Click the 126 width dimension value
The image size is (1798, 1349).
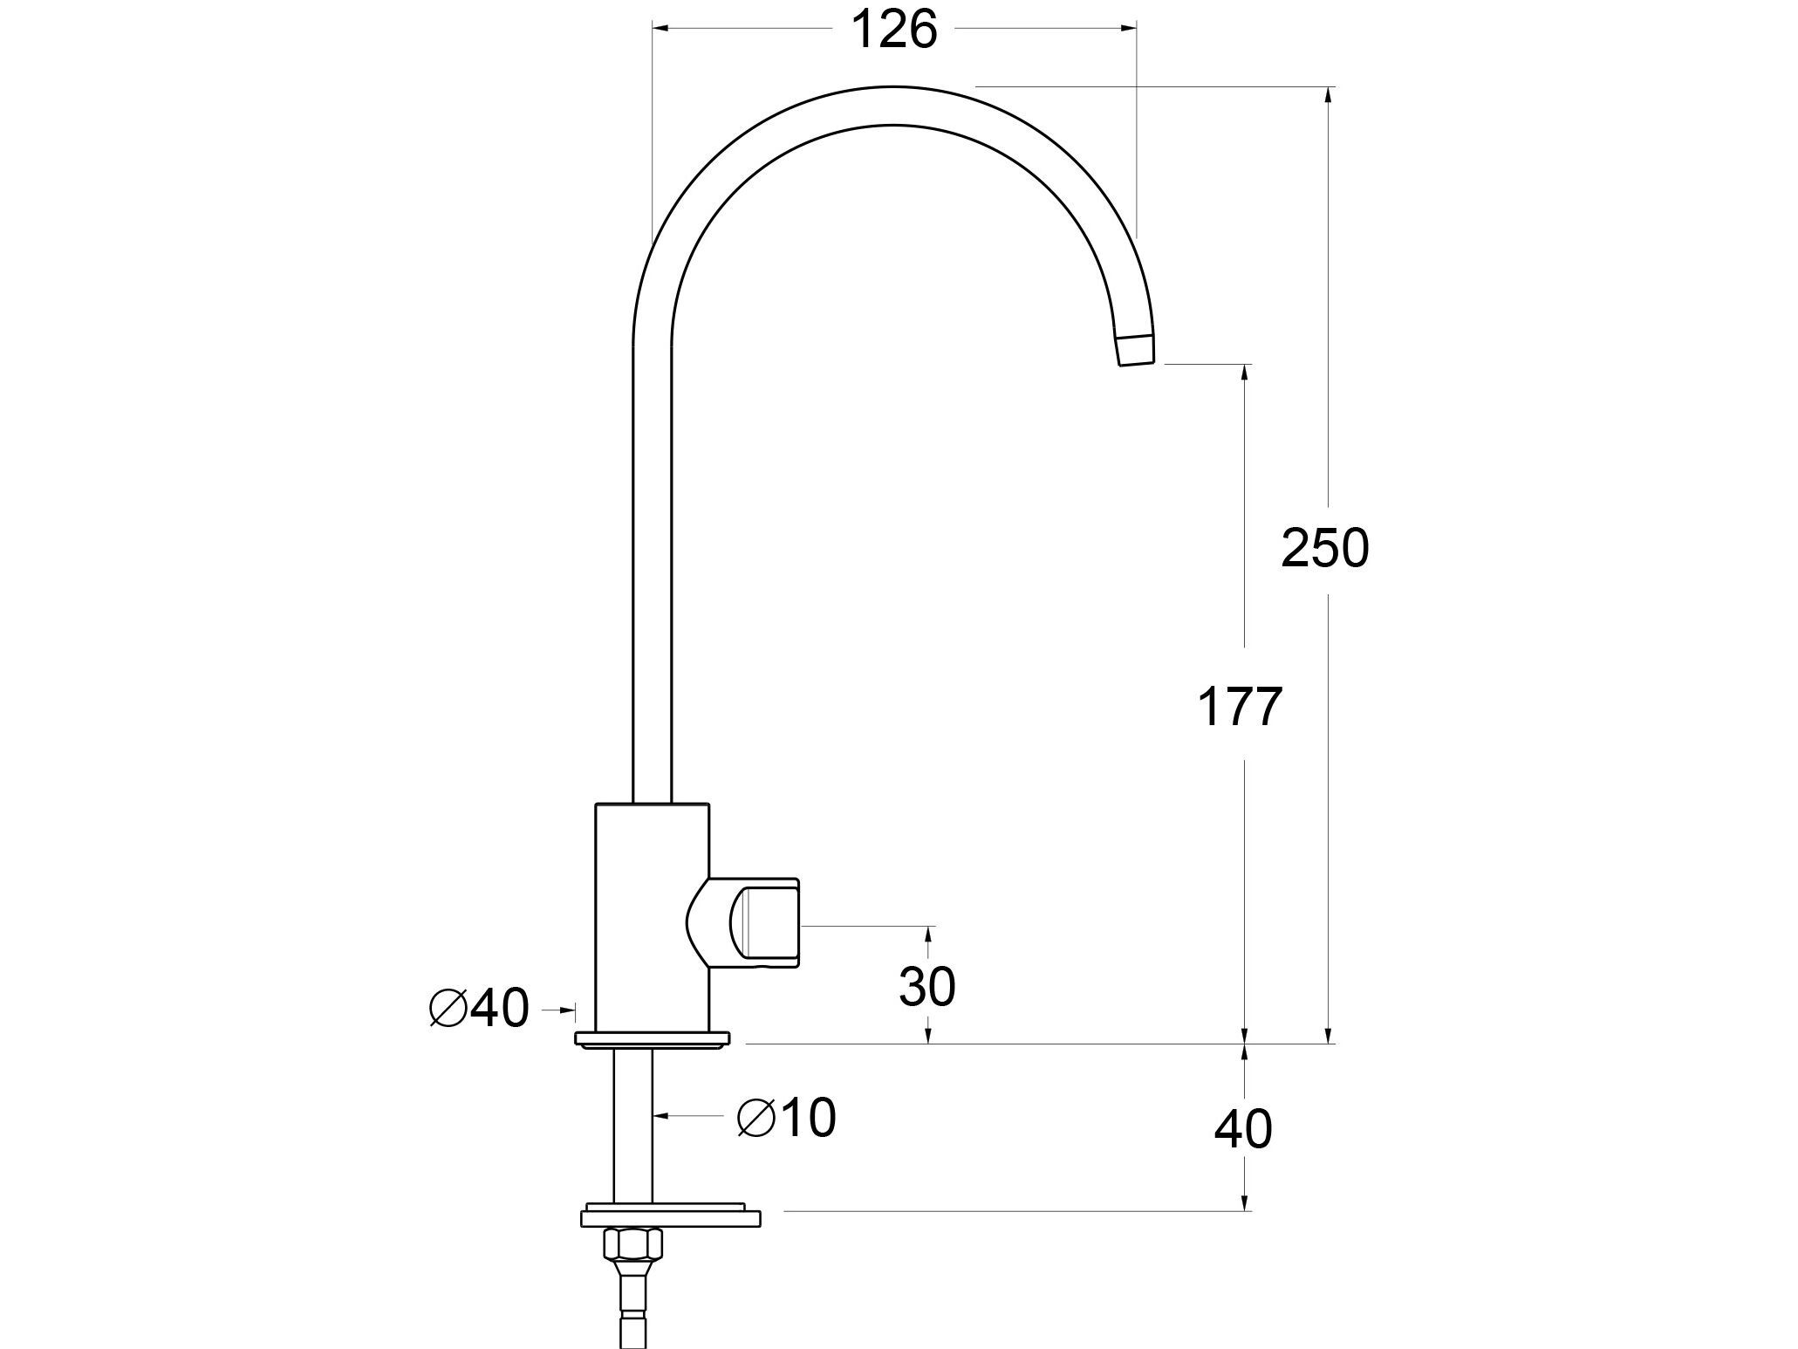pyautogui.click(x=893, y=31)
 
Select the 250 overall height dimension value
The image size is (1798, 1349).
pyautogui.click(x=1325, y=550)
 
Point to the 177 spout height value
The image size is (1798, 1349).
pyautogui.click(x=1240, y=707)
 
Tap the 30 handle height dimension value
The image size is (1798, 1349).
pyautogui.click(x=927, y=987)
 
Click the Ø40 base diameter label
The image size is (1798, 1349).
pyautogui.click(x=480, y=1010)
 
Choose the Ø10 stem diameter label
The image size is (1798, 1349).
pyautogui.click(x=787, y=1118)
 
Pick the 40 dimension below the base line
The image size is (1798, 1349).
pyautogui.click(x=1243, y=1130)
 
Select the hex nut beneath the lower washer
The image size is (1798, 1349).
pyautogui.click(x=633, y=1243)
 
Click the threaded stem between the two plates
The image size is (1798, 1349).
pyautogui.click(x=632, y=1126)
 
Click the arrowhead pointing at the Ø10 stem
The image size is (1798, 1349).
pyautogui.click(x=660, y=1116)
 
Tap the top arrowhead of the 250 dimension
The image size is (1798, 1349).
pyautogui.click(x=1329, y=95)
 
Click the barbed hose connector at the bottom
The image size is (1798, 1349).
pyautogui.click(x=633, y=1309)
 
